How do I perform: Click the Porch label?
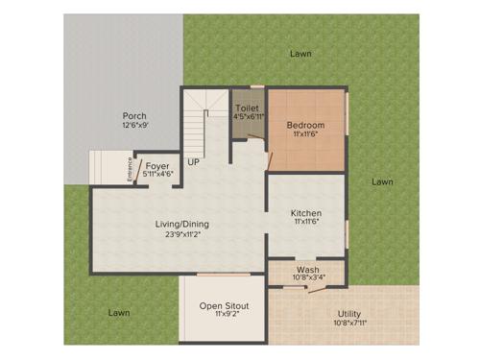(x=133, y=114)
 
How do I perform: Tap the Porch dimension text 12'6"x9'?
(x=134, y=125)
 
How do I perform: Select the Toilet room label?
(x=247, y=108)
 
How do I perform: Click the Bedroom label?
(x=305, y=126)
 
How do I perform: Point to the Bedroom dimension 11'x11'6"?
(x=305, y=136)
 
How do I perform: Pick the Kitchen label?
(x=306, y=213)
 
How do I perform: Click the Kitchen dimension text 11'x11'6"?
(x=306, y=223)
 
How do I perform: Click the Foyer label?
(x=157, y=165)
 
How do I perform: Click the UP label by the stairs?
(x=194, y=161)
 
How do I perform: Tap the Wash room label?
(x=307, y=271)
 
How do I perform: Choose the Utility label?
(x=349, y=314)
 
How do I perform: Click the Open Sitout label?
(x=224, y=306)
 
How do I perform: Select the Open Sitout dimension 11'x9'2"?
(x=224, y=317)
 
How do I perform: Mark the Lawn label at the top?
(x=300, y=54)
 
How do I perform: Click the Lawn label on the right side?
(x=382, y=181)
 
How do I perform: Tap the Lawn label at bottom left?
(x=118, y=313)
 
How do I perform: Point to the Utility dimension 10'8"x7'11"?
(x=349, y=324)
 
